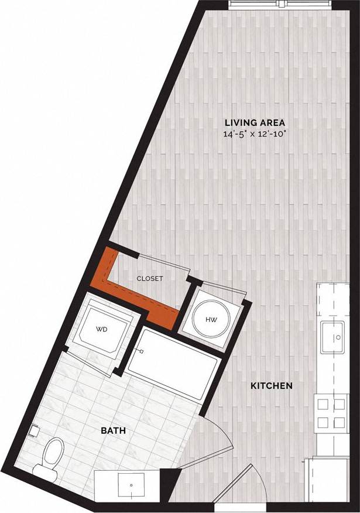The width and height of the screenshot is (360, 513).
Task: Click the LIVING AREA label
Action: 255,122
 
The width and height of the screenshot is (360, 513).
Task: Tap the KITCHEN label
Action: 271,387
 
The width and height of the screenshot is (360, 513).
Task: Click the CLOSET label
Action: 149,279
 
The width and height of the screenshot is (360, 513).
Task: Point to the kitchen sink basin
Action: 336,338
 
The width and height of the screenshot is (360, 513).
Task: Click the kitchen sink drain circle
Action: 338,338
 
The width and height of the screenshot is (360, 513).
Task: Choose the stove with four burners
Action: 331,412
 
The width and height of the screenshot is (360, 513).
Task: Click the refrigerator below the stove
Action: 331,474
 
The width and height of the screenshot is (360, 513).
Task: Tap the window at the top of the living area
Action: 280,4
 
